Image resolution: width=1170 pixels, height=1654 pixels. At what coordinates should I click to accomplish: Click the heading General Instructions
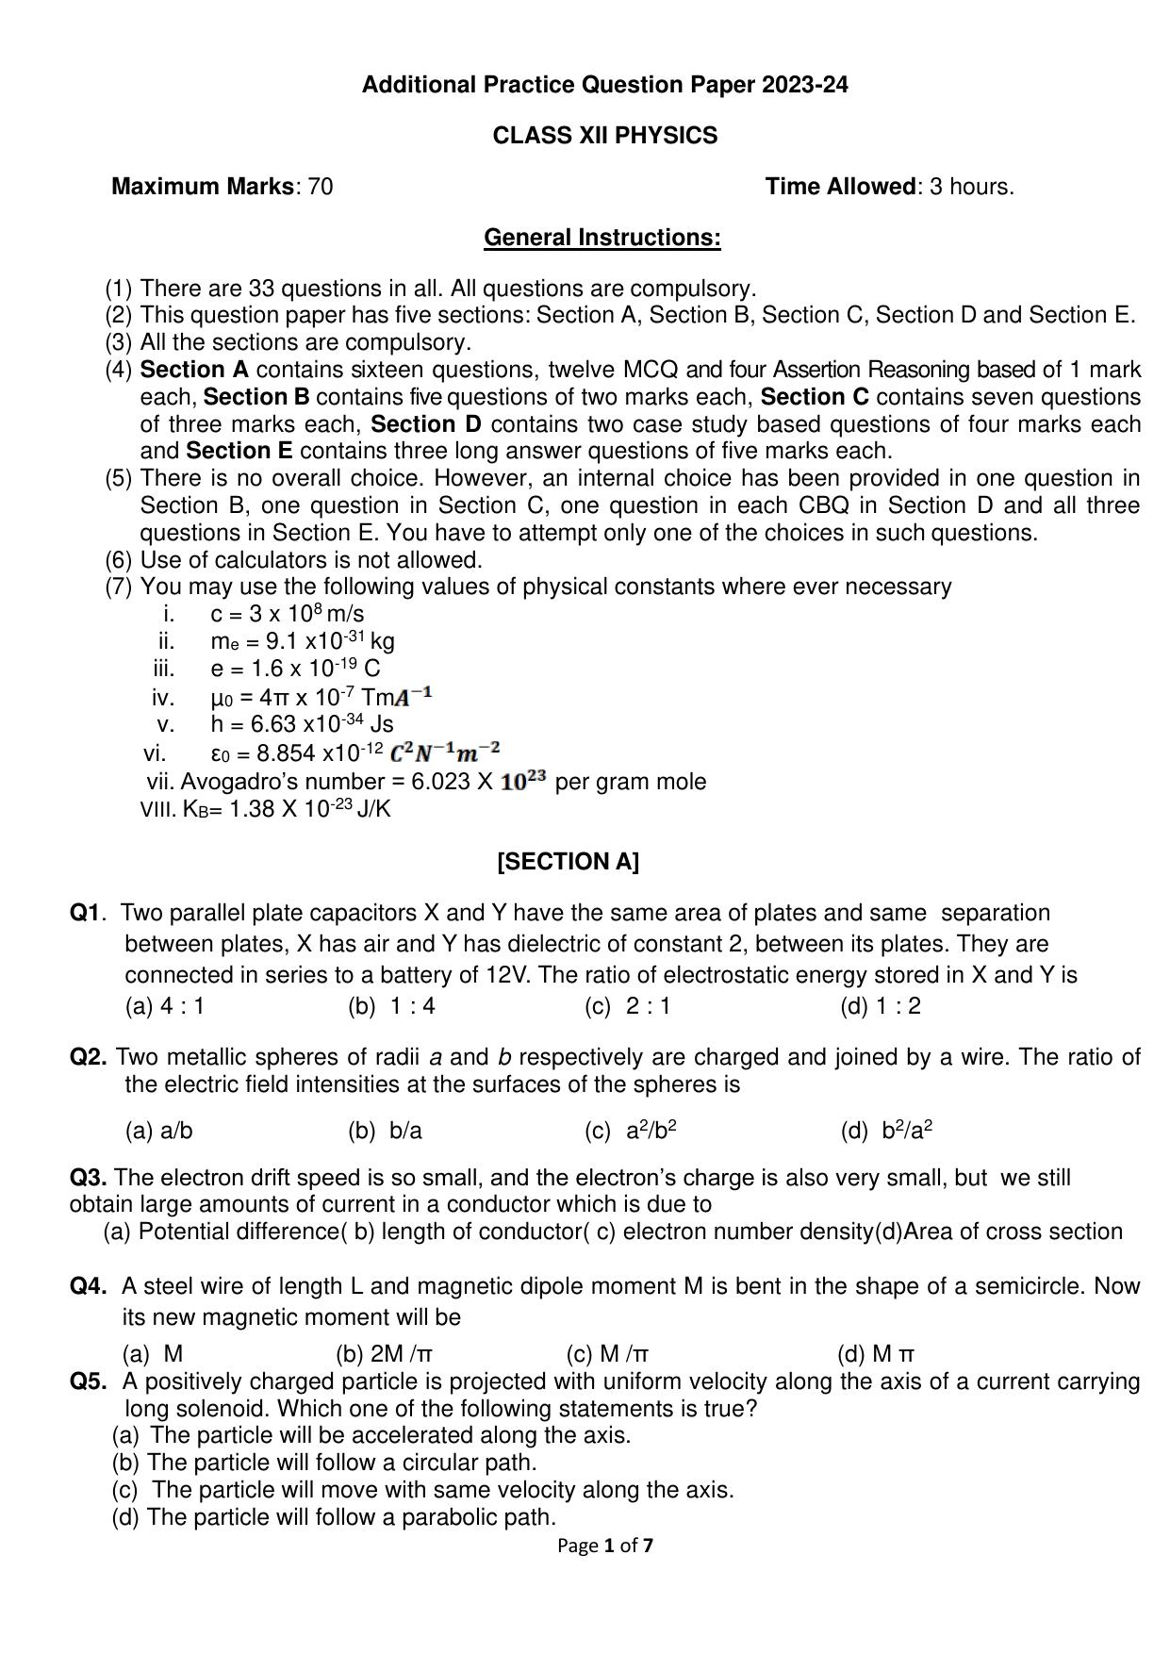[x=601, y=238]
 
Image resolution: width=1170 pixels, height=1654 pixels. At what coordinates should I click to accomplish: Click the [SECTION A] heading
[x=568, y=862]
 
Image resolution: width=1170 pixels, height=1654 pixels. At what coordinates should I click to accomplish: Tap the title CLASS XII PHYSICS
[x=604, y=136]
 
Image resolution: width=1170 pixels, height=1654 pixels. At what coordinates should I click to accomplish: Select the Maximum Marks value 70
[x=320, y=187]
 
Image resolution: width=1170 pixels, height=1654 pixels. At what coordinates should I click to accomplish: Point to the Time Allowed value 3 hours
[x=971, y=187]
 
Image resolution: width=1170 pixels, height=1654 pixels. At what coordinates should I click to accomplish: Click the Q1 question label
[x=86, y=913]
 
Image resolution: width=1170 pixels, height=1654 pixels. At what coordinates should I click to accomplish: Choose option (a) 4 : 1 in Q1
[x=165, y=1006]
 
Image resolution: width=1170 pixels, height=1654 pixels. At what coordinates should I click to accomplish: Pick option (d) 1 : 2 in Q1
[x=881, y=1006]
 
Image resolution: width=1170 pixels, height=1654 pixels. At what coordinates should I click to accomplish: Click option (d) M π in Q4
[x=876, y=1354]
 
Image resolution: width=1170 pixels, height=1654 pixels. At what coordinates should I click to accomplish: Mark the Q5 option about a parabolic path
[x=334, y=1517]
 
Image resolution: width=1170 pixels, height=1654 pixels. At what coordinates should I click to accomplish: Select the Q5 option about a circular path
[x=324, y=1463]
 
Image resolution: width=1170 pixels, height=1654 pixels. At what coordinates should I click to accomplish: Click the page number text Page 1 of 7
[x=605, y=1546]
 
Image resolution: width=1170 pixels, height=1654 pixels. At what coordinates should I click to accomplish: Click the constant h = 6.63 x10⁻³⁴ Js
[x=302, y=724]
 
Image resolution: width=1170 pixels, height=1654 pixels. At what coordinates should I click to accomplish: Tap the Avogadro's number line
[x=426, y=782]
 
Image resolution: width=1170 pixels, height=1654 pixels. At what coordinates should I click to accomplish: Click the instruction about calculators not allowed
[x=311, y=560]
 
